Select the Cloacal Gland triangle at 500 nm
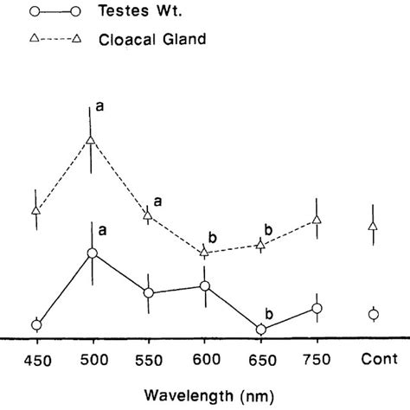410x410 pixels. coord(92,139)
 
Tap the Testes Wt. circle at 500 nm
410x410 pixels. coord(92,253)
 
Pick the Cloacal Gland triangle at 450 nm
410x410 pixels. coord(36,209)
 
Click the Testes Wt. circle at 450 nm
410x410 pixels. coord(36,325)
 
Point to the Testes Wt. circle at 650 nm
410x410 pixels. coord(260,330)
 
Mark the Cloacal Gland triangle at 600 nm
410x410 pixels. coord(205,252)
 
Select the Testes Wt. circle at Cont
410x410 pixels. coord(373,314)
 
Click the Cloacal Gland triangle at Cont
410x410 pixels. coord(373,226)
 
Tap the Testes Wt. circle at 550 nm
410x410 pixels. coord(148,293)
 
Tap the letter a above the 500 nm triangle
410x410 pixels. coord(100,106)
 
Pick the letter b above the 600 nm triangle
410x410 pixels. coord(213,234)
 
